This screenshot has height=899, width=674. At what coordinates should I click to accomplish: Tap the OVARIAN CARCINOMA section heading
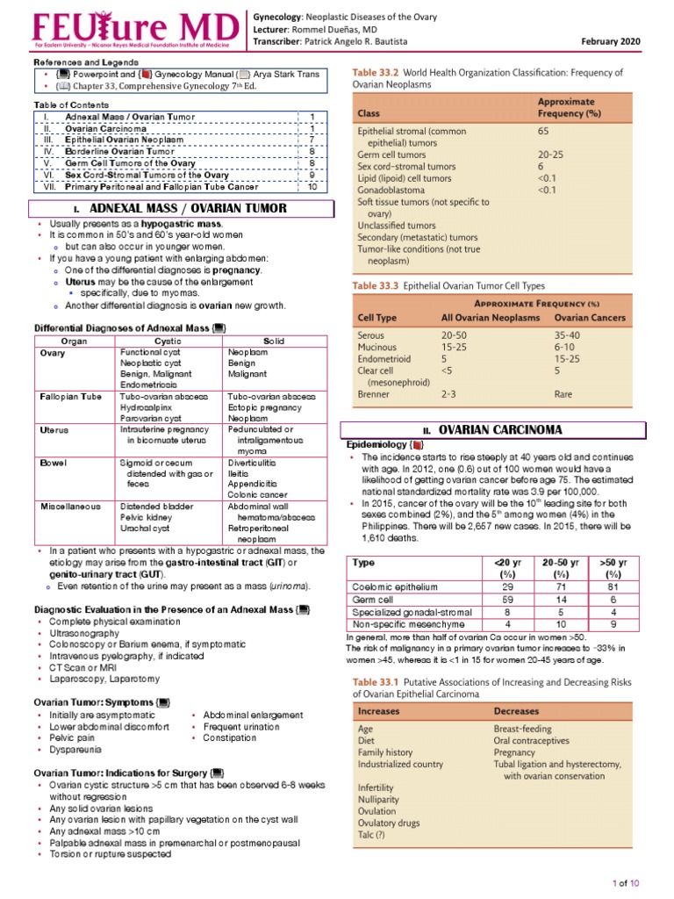coord(500,430)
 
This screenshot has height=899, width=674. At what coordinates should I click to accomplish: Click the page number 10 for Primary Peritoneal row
coord(312,186)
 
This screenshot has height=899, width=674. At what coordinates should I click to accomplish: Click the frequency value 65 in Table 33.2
coord(544,130)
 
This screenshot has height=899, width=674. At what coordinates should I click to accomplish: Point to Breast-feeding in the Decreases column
coord(523,729)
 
